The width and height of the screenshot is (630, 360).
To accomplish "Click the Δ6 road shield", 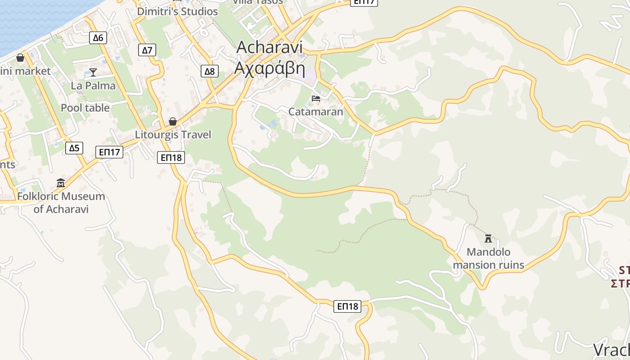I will click(x=98, y=38).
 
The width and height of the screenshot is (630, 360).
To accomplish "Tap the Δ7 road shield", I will click(x=147, y=50).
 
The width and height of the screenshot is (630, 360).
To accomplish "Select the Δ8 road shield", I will click(x=210, y=71).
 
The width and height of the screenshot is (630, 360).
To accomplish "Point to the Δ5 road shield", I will click(x=74, y=148).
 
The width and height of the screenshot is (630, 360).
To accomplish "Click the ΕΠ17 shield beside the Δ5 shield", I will click(x=109, y=152).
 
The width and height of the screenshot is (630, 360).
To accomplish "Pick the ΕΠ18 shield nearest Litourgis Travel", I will click(x=171, y=157).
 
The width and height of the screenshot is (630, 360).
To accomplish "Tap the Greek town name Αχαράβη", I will click(x=270, y=68).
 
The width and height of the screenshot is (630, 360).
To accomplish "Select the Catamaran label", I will click(x=315, y=112).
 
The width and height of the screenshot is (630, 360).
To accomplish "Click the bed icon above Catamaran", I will click(x=316, y=98).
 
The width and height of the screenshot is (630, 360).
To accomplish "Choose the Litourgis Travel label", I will click(x=173, y=135).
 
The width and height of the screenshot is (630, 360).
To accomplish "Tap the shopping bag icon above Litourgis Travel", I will click(x=172, y=121).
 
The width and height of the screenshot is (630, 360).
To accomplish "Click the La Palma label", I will click(x=93, y=85).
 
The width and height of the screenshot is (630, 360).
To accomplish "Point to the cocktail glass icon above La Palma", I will click(x=93, y=72).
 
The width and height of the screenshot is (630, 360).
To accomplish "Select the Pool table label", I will click(x=85, y=108).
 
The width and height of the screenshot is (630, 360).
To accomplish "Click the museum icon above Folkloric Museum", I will click(x=61, y=183).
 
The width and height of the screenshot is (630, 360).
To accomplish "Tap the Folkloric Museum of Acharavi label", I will click(x=61, y=202).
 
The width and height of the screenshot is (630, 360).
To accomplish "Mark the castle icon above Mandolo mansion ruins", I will click(x=488, y=238).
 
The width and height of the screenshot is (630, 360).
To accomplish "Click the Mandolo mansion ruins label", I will click(x=488, y=258).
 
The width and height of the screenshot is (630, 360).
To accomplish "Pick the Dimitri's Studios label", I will click(x=177, y=12).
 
